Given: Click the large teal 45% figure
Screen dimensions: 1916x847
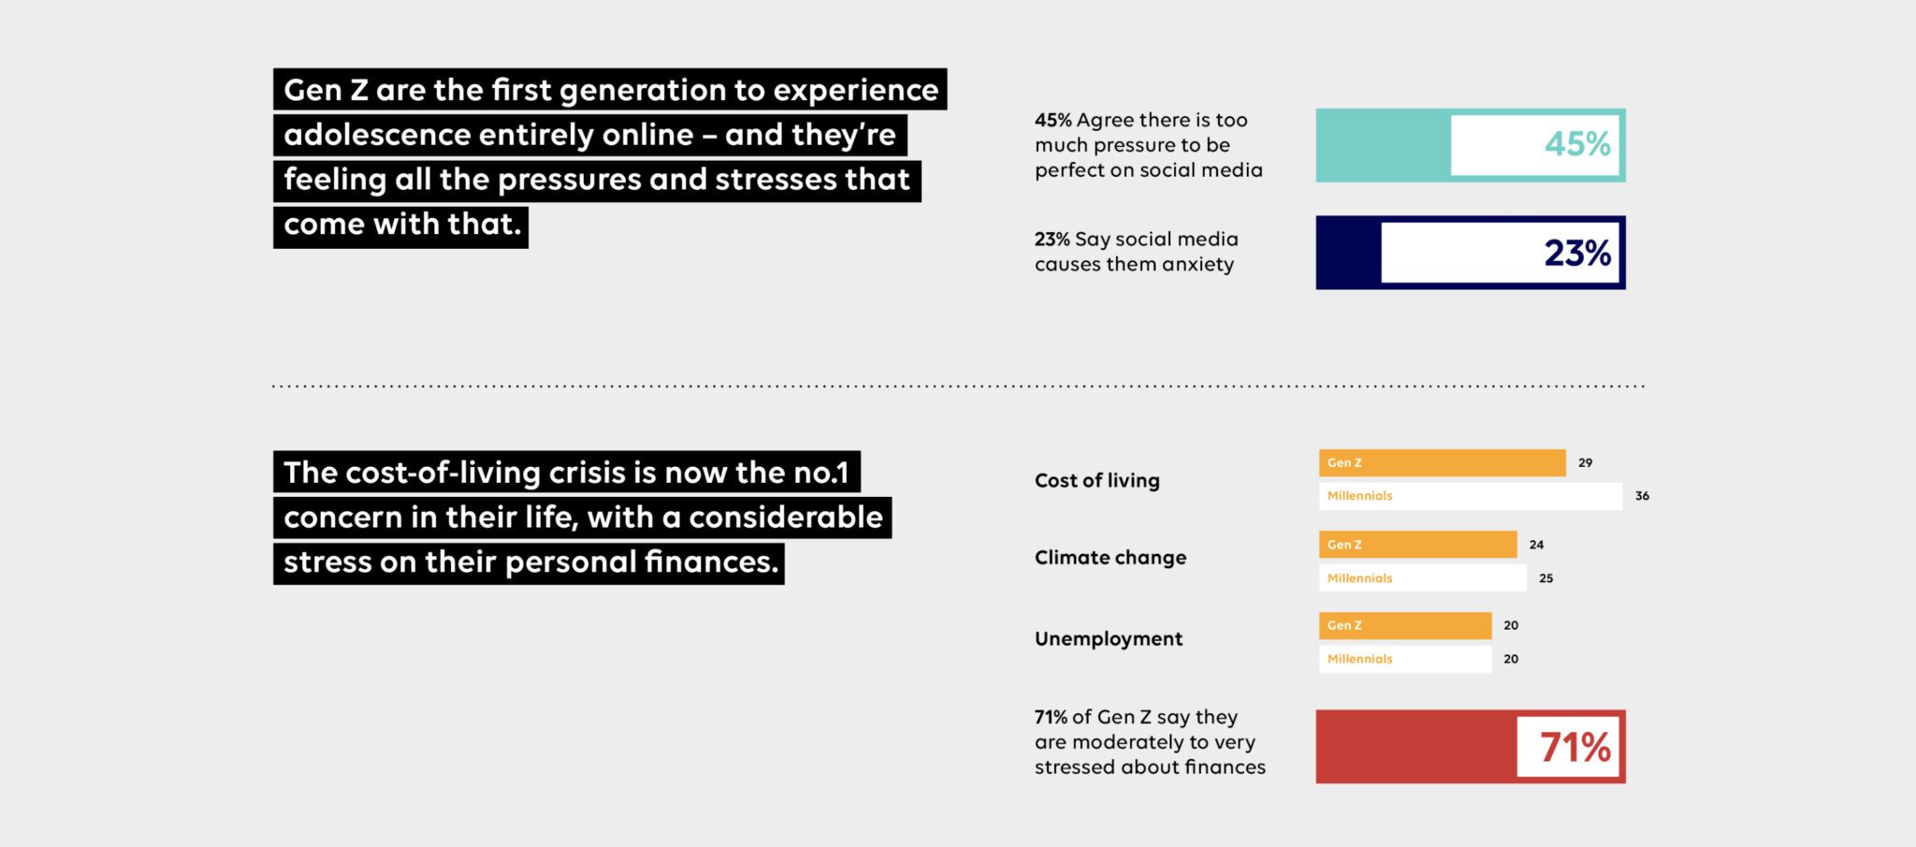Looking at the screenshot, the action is [1577, 144].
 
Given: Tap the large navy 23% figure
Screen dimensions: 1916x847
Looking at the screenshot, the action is [1577, 253].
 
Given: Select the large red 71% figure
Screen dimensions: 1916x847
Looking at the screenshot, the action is [1575, 747].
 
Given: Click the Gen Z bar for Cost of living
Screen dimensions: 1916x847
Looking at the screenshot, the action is [1442, 463].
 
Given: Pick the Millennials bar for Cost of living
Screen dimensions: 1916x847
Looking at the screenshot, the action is [1471, 496].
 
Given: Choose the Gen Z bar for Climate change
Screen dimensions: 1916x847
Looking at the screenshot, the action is [1417, 545].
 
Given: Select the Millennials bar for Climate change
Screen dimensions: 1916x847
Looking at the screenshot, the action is [1422, 578].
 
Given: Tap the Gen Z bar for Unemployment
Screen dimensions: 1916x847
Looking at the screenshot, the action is [1405, 625].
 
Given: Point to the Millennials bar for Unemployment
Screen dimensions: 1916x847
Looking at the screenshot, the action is [1405, 659].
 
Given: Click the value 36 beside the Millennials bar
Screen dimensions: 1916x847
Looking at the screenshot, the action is [1642, 496].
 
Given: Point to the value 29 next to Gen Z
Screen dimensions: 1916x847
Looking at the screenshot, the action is [1585, 463].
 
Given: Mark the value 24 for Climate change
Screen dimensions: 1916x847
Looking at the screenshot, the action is [1536, 545].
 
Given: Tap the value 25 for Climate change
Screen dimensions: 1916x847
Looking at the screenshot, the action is [1546, 578].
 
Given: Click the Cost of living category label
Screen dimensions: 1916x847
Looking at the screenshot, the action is [1096, 480].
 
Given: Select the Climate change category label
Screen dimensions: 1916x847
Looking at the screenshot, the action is [1110, 558].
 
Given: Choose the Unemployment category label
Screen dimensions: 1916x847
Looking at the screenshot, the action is [1109, 638].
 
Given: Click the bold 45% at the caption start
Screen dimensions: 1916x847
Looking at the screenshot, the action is [1052, 120].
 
